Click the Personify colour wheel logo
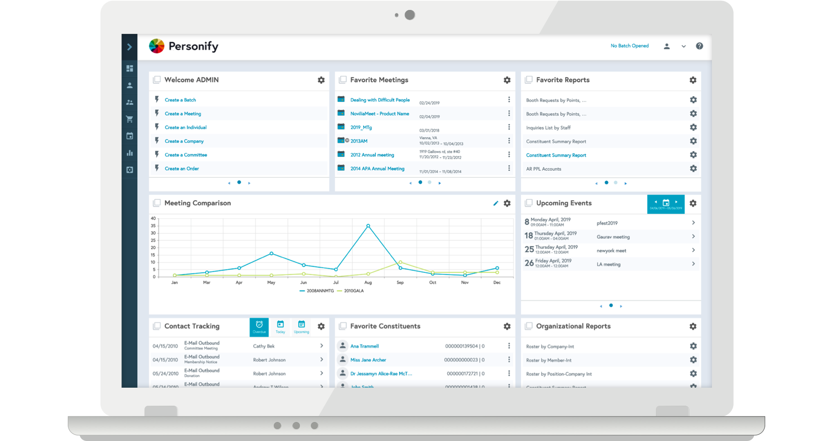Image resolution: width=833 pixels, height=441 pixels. point(157,46)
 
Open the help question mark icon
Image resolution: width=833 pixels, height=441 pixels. point(699,46)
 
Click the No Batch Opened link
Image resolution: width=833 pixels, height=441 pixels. point(629,46)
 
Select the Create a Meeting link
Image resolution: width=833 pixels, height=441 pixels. point(183,114)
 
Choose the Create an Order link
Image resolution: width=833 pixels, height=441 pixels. point(182,169)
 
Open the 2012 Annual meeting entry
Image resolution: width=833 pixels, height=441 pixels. point(372,155)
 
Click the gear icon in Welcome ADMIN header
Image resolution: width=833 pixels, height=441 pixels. point(321,80)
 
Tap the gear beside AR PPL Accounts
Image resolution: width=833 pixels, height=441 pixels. point(693,169)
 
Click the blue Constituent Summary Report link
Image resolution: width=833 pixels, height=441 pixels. point(556,155)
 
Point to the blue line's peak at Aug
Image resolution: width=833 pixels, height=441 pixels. point(368,226)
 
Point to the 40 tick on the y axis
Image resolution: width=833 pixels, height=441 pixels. point(153,219)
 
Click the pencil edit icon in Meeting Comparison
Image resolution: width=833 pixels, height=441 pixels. point(496,203)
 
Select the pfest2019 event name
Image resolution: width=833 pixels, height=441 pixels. point(607,223)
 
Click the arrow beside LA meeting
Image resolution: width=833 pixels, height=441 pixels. point(693,264)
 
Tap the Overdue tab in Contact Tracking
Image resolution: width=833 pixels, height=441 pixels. point(259,327)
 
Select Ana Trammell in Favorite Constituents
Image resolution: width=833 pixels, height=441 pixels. point(365,346)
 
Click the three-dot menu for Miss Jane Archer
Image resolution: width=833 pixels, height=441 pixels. point(509,360)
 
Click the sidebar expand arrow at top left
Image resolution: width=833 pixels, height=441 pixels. point(130,47)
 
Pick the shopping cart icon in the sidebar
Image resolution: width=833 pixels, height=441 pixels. point(130,119)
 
